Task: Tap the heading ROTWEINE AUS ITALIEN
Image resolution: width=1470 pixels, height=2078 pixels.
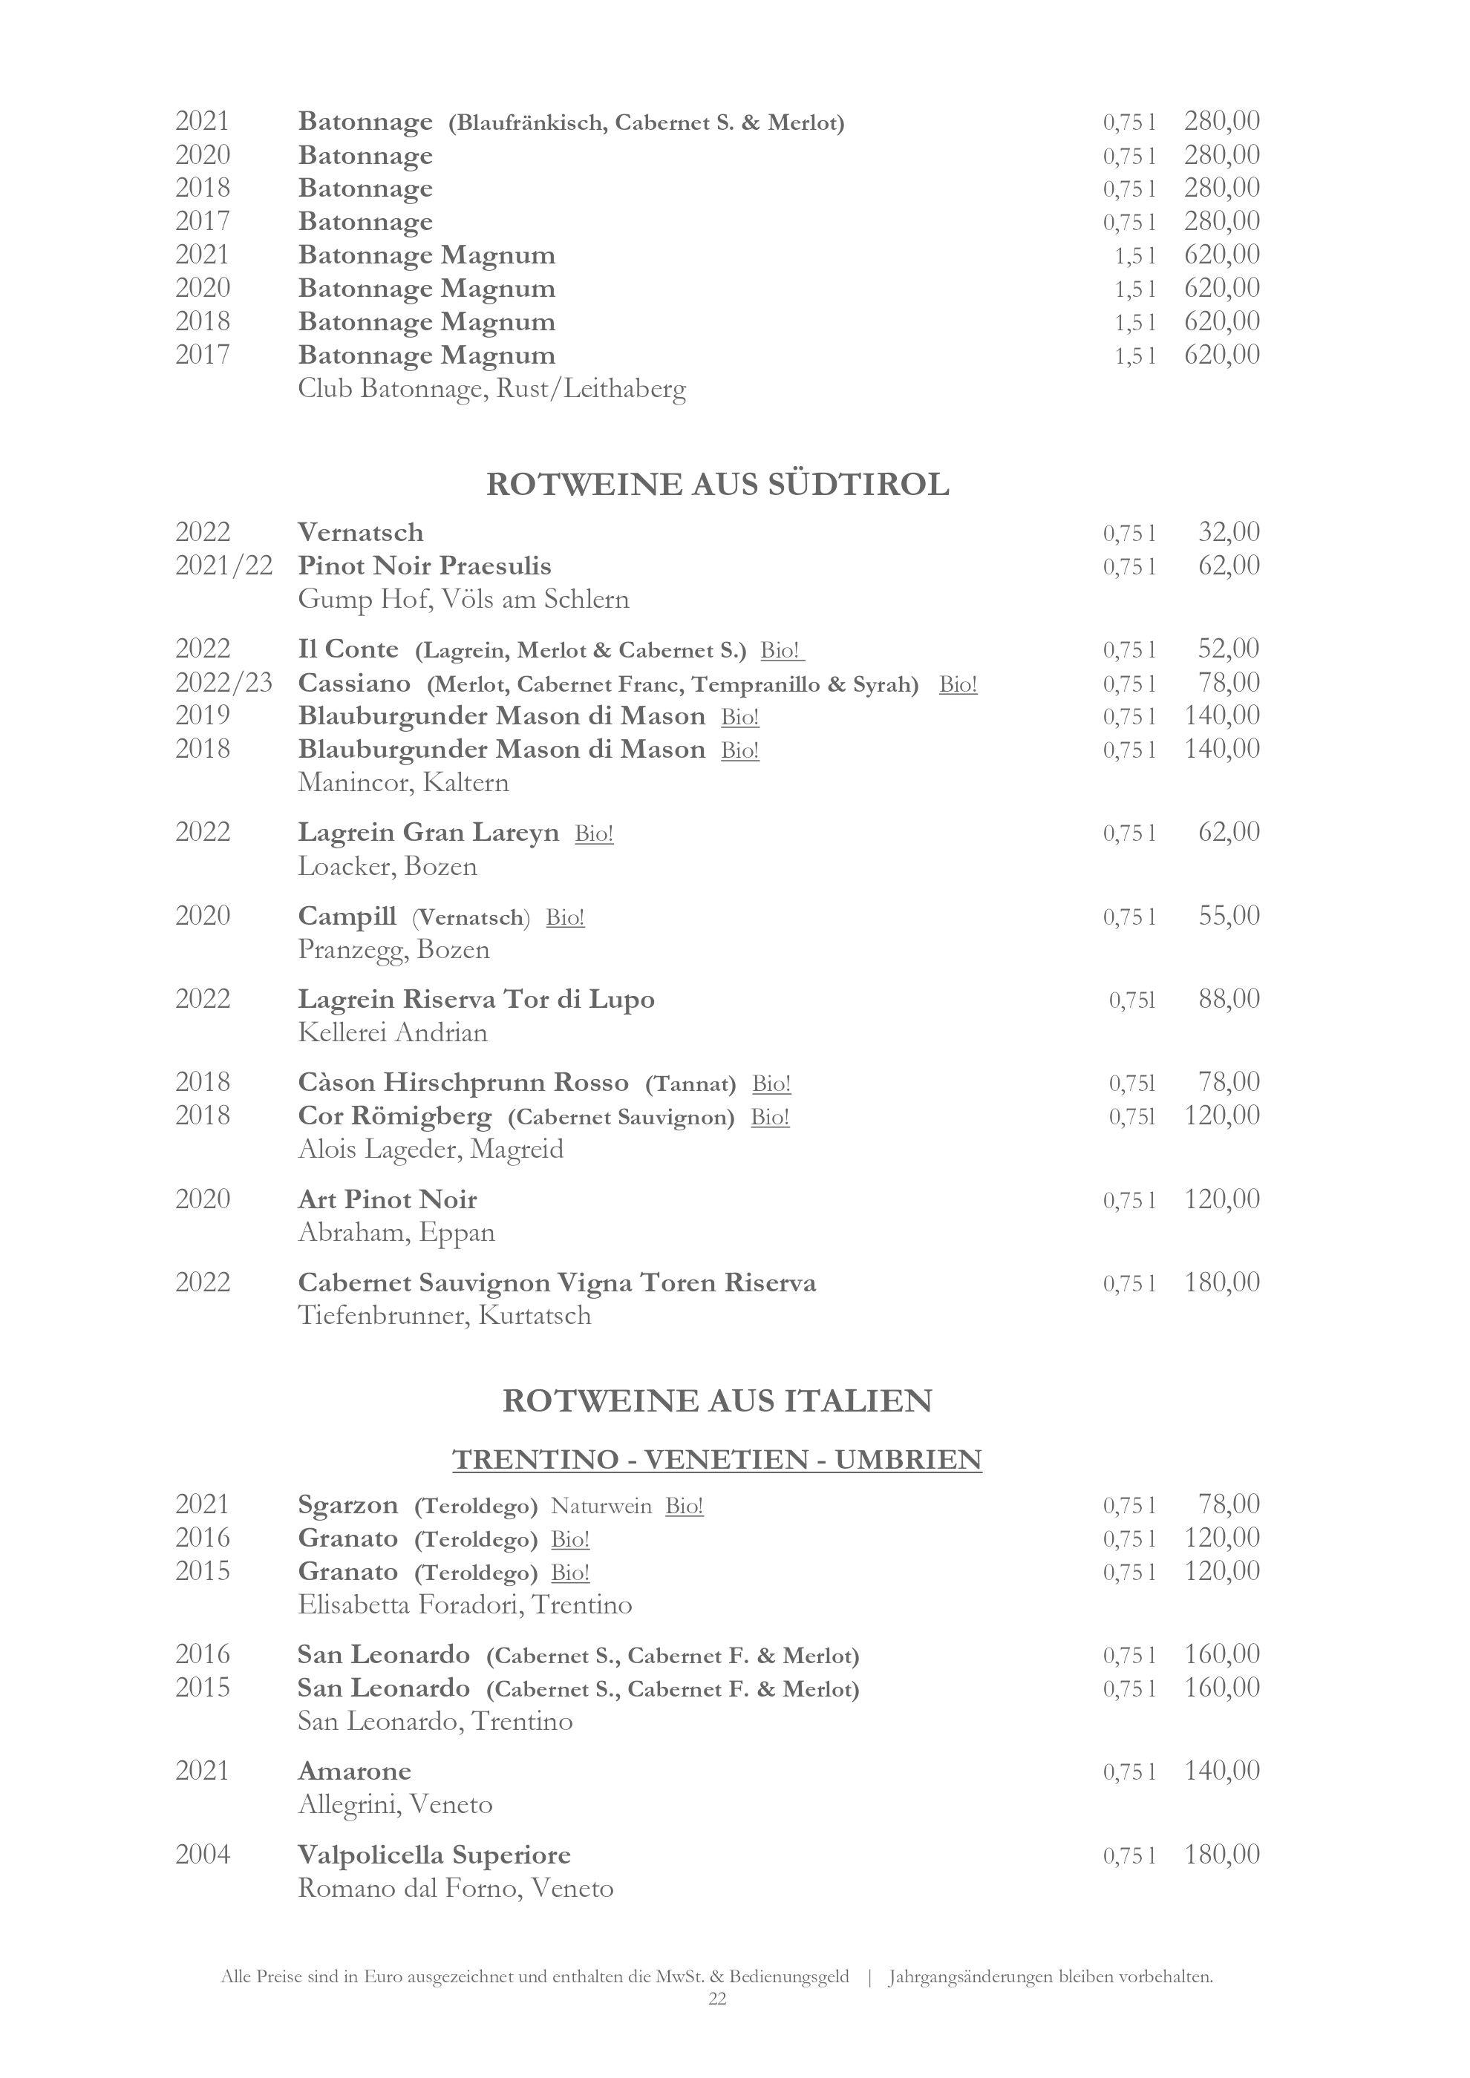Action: pos(717,1401)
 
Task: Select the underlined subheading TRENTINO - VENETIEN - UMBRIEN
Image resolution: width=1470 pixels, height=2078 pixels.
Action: pos(717,1460)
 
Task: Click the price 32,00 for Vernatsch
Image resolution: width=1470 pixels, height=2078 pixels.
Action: pos(1228,532)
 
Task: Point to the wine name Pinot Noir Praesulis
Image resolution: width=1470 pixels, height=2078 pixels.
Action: pos(425,566)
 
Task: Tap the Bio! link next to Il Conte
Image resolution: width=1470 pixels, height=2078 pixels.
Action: pos(782,651)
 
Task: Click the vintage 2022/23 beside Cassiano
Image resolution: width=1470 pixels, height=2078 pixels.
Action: pos(223,684)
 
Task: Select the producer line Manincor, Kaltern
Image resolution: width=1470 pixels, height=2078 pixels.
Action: pos(404,783)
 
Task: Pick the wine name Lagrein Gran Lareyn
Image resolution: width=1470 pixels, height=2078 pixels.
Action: pos(428,833)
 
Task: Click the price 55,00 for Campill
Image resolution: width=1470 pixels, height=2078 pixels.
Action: pos(1228,916)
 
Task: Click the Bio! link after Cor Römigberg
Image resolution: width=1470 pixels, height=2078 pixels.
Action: pos(769,1118)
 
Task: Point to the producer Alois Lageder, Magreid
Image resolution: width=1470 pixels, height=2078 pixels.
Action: pos(431,1150)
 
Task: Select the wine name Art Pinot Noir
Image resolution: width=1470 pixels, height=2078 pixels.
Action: pos(388,1200)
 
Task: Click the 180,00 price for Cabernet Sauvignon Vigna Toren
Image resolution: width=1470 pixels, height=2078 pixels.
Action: pos(1222,1282)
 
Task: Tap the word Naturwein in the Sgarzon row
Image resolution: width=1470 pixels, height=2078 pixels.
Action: pos(601,1506)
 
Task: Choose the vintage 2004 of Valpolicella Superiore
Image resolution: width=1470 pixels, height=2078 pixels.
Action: pos(203,1855)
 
